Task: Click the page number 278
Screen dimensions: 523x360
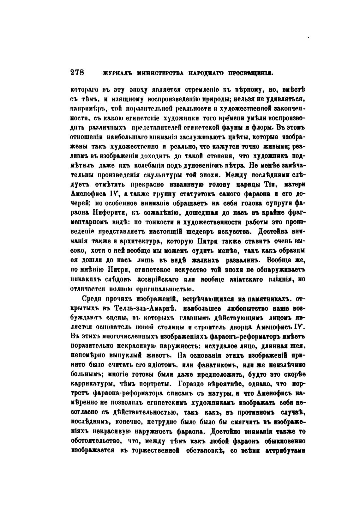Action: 77,72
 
